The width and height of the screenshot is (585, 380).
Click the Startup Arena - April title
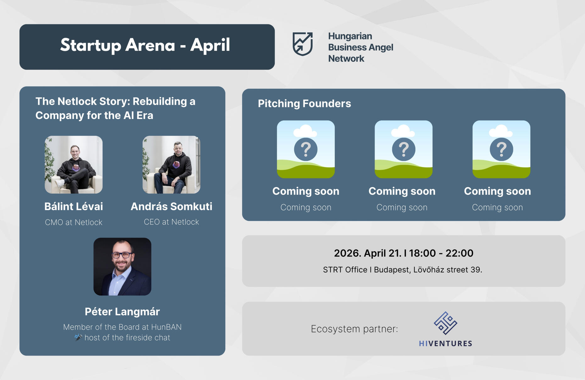[x=145, y=45]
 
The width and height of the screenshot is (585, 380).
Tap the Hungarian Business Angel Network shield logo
[x=303, y=44]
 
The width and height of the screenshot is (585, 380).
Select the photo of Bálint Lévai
[x=74, y=165]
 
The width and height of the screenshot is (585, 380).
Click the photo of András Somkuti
[x=171, y=165]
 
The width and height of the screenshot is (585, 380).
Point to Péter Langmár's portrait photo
[x=122, y=266]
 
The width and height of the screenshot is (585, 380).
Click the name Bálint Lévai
[x=74, y=206]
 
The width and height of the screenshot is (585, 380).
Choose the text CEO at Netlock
[x=171, y=222]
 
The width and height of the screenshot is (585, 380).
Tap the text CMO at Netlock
[x=74, y=222]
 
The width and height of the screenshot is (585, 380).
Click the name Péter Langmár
[x=122, y=312]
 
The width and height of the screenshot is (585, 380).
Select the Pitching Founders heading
[x=304, y=103]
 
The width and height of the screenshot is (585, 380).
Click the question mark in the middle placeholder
[x=404, y=149]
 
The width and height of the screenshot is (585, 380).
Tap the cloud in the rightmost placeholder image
[x=501, y=131]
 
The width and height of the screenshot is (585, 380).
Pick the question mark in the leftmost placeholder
[x=306, y=149]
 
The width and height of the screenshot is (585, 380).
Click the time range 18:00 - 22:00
[x=441, y=253]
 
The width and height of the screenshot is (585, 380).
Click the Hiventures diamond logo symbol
[x=446, y=323]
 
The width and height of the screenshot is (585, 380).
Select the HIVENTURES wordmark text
[x=446, y=344]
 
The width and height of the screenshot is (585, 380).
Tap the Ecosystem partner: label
[x=354, y=329]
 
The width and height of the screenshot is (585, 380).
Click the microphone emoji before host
[x=78, y=338]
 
